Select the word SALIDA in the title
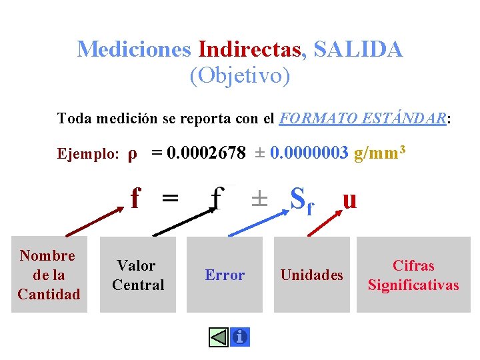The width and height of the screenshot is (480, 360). click(357, 49)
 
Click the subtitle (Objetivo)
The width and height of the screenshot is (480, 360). click(240, 77)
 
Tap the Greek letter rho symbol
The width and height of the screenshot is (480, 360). click(133, 154)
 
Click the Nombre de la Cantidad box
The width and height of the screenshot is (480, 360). click(49, 275)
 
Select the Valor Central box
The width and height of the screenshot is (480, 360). click(138, 275)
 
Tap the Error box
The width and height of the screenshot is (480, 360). click(225, 275)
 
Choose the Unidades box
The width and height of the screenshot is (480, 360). click(312, 275)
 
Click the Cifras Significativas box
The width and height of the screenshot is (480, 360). click(413, 275)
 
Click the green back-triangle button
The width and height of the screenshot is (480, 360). click(219, 337)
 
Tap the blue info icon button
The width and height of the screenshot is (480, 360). click(239, 337)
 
